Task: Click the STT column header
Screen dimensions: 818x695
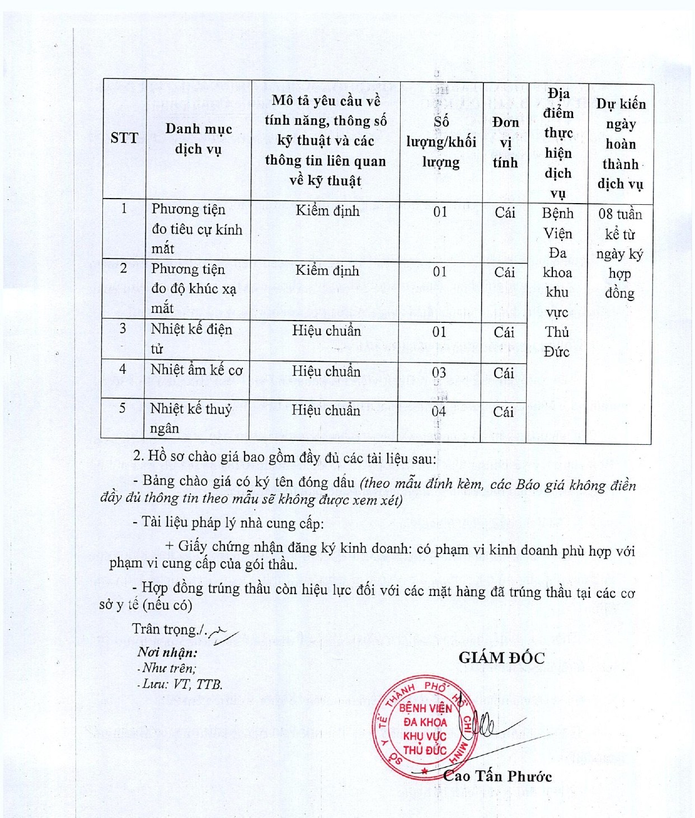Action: point(124,138)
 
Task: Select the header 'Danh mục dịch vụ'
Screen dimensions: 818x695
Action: point(199,139)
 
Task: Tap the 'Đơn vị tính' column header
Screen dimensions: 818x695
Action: point(505,142)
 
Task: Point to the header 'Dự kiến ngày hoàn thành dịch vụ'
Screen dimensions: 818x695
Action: point(621,144)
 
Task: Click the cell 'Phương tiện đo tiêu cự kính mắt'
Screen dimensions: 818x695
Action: point(197,229)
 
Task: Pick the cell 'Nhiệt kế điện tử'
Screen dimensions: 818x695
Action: point(191,339)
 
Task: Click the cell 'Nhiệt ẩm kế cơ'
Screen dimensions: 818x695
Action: point(196,370)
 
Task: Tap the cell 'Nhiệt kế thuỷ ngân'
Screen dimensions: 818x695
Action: point(190,418)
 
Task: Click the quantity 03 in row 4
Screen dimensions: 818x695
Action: point(439,373)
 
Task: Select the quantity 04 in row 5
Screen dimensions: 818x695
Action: point(439,412)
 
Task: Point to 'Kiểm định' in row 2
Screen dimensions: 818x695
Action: point(327,271)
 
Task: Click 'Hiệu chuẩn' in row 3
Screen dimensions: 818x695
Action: point(326,331)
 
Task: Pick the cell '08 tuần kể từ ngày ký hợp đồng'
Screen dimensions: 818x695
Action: point(620,253)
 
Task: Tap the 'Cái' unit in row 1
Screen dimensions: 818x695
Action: point(505,213)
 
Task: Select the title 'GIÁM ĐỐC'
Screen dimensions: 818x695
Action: point(501,658)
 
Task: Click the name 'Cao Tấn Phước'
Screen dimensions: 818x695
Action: point(497,776)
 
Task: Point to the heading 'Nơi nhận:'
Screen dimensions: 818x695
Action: point(167,652)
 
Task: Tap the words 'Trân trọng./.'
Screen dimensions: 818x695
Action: point(170,629)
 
